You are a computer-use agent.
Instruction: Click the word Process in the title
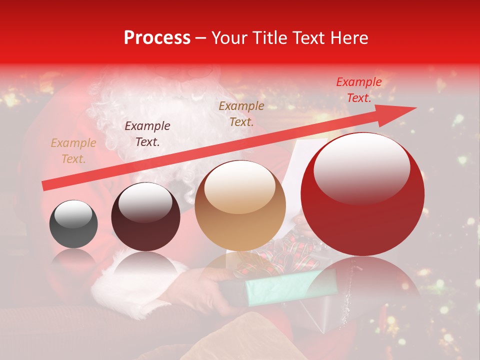(x=157, y=38)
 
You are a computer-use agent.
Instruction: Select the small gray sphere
(x=73, y=224)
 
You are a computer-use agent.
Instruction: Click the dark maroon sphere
(x=145, y=216)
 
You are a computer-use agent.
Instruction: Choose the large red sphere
(x=362, y=195)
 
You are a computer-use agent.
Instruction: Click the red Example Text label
(x=358, y=90)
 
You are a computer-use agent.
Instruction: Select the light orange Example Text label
(x=73, y=151)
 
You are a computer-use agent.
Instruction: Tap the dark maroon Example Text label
(x=147, y=134)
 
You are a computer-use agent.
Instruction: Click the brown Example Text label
(x=241, y=113)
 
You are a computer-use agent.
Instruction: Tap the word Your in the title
(x=230, y=38)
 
